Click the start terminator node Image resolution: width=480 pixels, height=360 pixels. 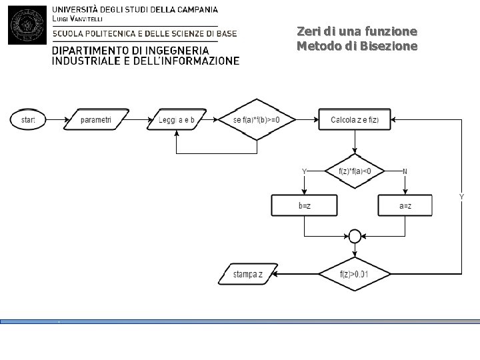tap(27, 120)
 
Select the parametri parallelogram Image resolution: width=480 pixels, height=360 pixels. tap(96, 120)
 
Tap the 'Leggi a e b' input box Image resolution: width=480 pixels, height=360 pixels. tap(177, 120)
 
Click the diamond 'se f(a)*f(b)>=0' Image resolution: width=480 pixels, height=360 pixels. tap(256, 120)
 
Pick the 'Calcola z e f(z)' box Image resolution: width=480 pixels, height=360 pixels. tap(355, 120)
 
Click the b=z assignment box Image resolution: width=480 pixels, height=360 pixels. tap(304, 205)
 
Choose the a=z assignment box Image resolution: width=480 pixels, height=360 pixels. tap(405, 205)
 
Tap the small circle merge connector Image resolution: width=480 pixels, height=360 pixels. tap(355, 236)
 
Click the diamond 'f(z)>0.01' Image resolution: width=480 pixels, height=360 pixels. tap(355, 274)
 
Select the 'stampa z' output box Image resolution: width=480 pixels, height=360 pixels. tap(247, 274)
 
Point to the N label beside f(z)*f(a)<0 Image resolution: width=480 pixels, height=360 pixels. tap(405, 171)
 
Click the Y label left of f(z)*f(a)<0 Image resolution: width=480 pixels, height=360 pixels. tap(304, 171)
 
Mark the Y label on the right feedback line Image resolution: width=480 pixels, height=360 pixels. tap(461, 197)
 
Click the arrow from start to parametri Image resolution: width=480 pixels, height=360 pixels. tap(56, 120)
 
